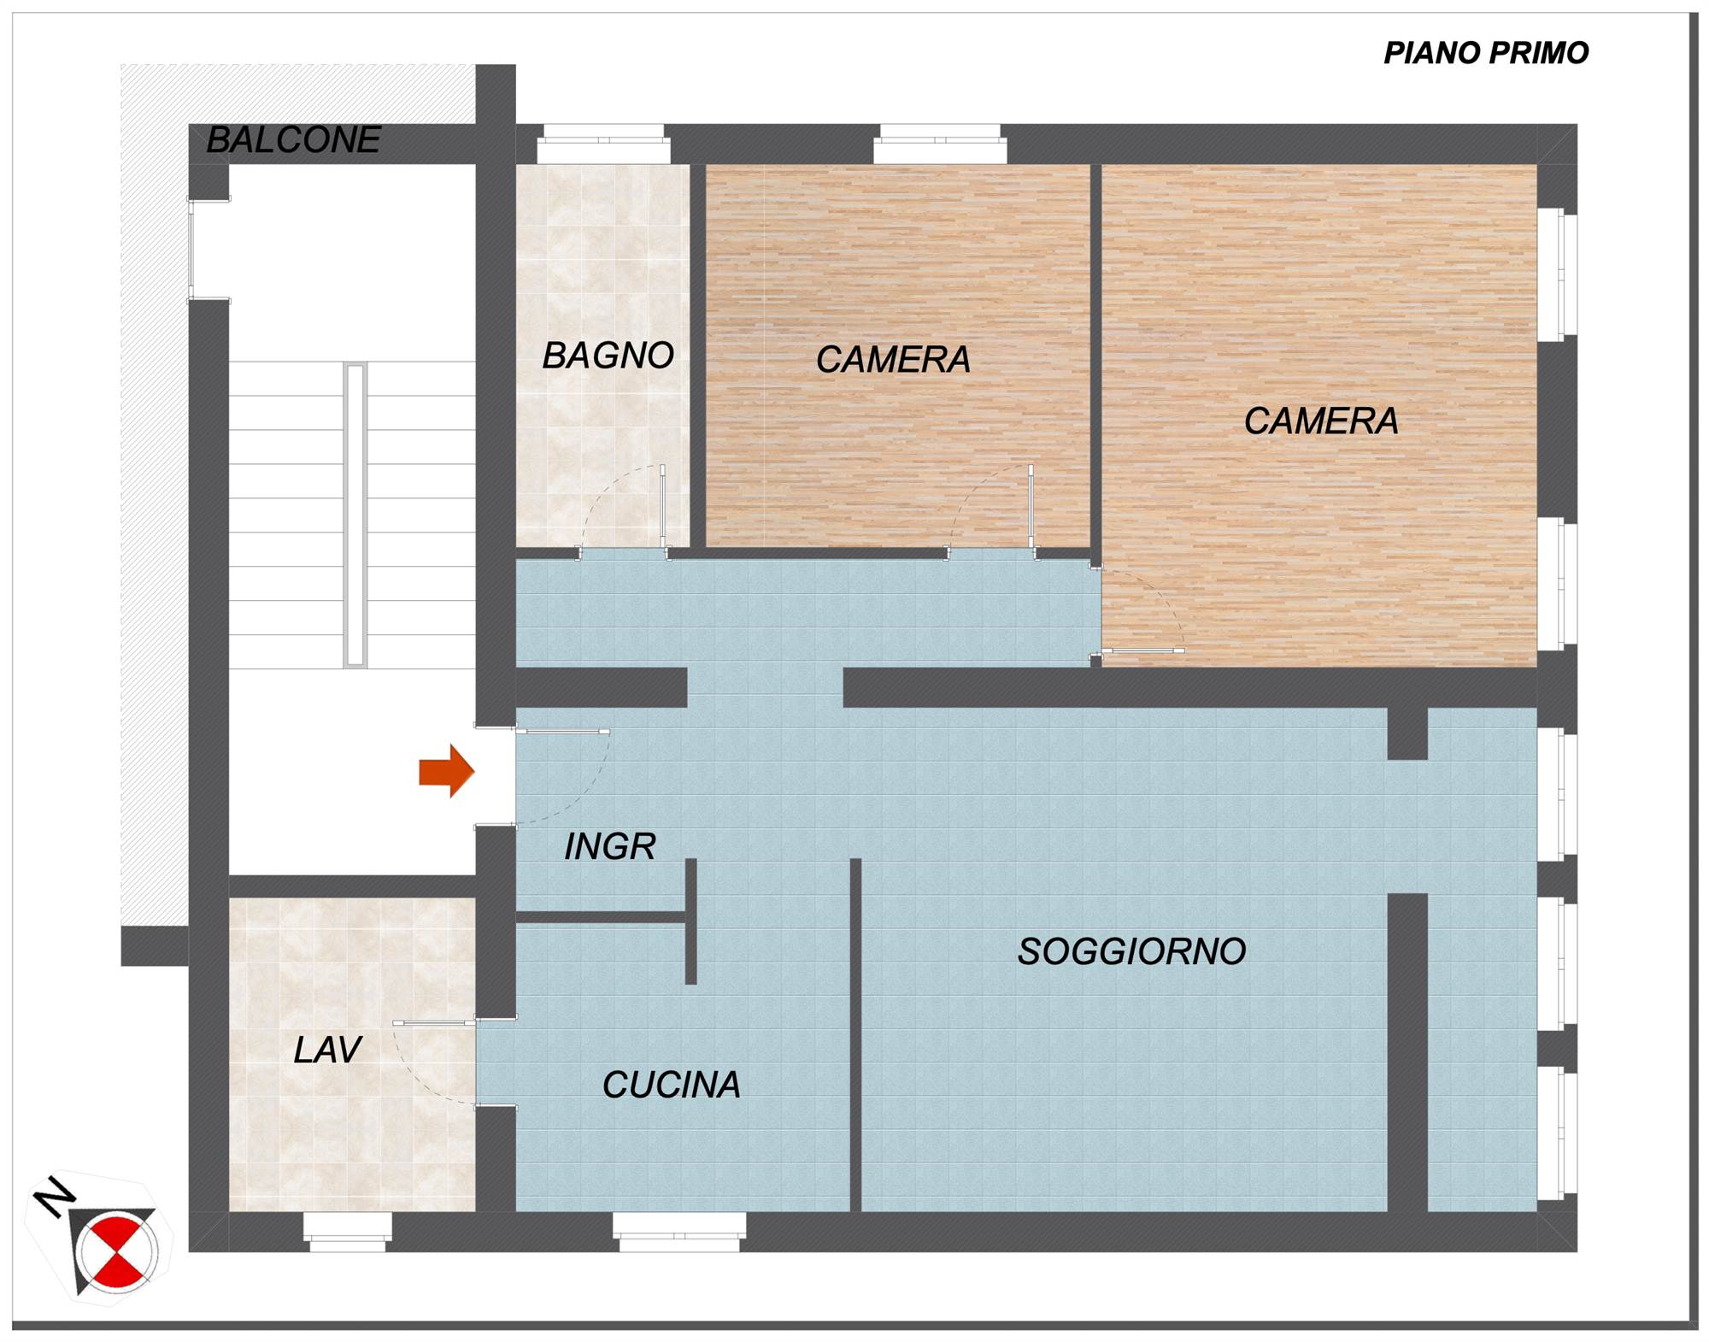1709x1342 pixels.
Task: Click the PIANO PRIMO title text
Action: pyautogui.click(x=1485, y=53)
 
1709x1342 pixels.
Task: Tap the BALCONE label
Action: pyautogui.click(x=294, y=140)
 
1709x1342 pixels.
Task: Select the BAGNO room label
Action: pyautogui.click(x=608, y=356)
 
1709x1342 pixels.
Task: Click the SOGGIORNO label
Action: pyautogui.click(x=1131, y=951)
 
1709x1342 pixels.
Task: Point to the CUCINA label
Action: pyautogui.click(x=671, y=1085)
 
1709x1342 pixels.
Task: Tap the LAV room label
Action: pyautogui.click(x=327, y=1050)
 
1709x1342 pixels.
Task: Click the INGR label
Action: pyautogui.click(x=609, y=846)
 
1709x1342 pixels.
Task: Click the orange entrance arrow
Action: pyautogui.click(x=446, y=771)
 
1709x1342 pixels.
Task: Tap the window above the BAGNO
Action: pyautogui.click(x=603, y=144)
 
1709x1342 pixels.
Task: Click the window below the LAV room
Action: pyautogui.click(x=348, y=1231)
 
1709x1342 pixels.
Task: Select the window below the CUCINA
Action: pyautogui.click(x=679, y=1231)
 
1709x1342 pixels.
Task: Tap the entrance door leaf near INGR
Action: pyautogui.click(x=563, y=732)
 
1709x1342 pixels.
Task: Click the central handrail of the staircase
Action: pyautogui.click(x=355, y=515)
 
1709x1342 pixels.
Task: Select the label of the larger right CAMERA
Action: pyautogui.click(x=1321, y=421)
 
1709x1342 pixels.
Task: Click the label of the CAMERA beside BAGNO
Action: pyautogui.click(x=893, y=360)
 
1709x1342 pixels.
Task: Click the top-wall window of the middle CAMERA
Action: pyautogui.click(x=940, y=144)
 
